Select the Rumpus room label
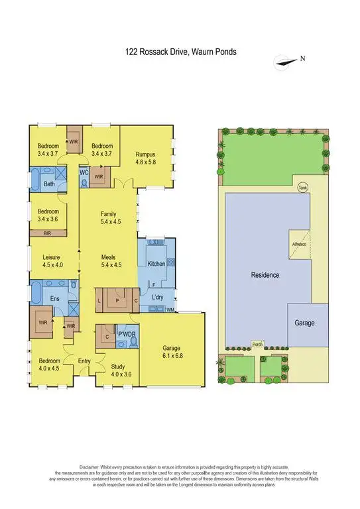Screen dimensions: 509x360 click(x=145, y=158)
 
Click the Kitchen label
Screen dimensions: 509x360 click(x=156, y=264)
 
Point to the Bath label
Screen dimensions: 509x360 click(x=49, y=184)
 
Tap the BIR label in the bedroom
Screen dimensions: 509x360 click(x=47, y=234)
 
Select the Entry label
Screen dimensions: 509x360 click(x=84, y=361)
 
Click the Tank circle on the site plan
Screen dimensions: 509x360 click(x=302, y=187)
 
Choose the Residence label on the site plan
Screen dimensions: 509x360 click(x=265, y=274)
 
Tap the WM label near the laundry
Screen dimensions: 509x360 click(x=170, y=310)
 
